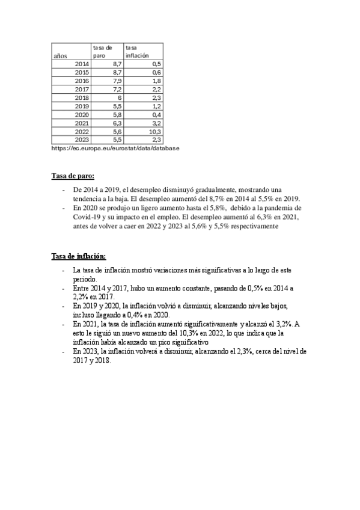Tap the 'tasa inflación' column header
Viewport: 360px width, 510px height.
[x=136, y=51]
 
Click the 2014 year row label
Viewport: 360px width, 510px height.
[x=82, y=63]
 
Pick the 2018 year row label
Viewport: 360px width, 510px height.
[x=82, y=97]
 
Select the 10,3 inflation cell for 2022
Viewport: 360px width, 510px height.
[x=154, y=131]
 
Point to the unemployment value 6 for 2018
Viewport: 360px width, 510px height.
[x=120, y=97]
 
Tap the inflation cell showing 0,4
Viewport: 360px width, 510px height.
[x=157, y=114]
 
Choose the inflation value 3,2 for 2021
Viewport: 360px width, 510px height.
[x=157, y=123]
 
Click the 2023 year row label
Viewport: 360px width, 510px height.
[x=82, y=140]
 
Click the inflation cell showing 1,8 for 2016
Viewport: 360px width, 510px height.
[x=157, y=81]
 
